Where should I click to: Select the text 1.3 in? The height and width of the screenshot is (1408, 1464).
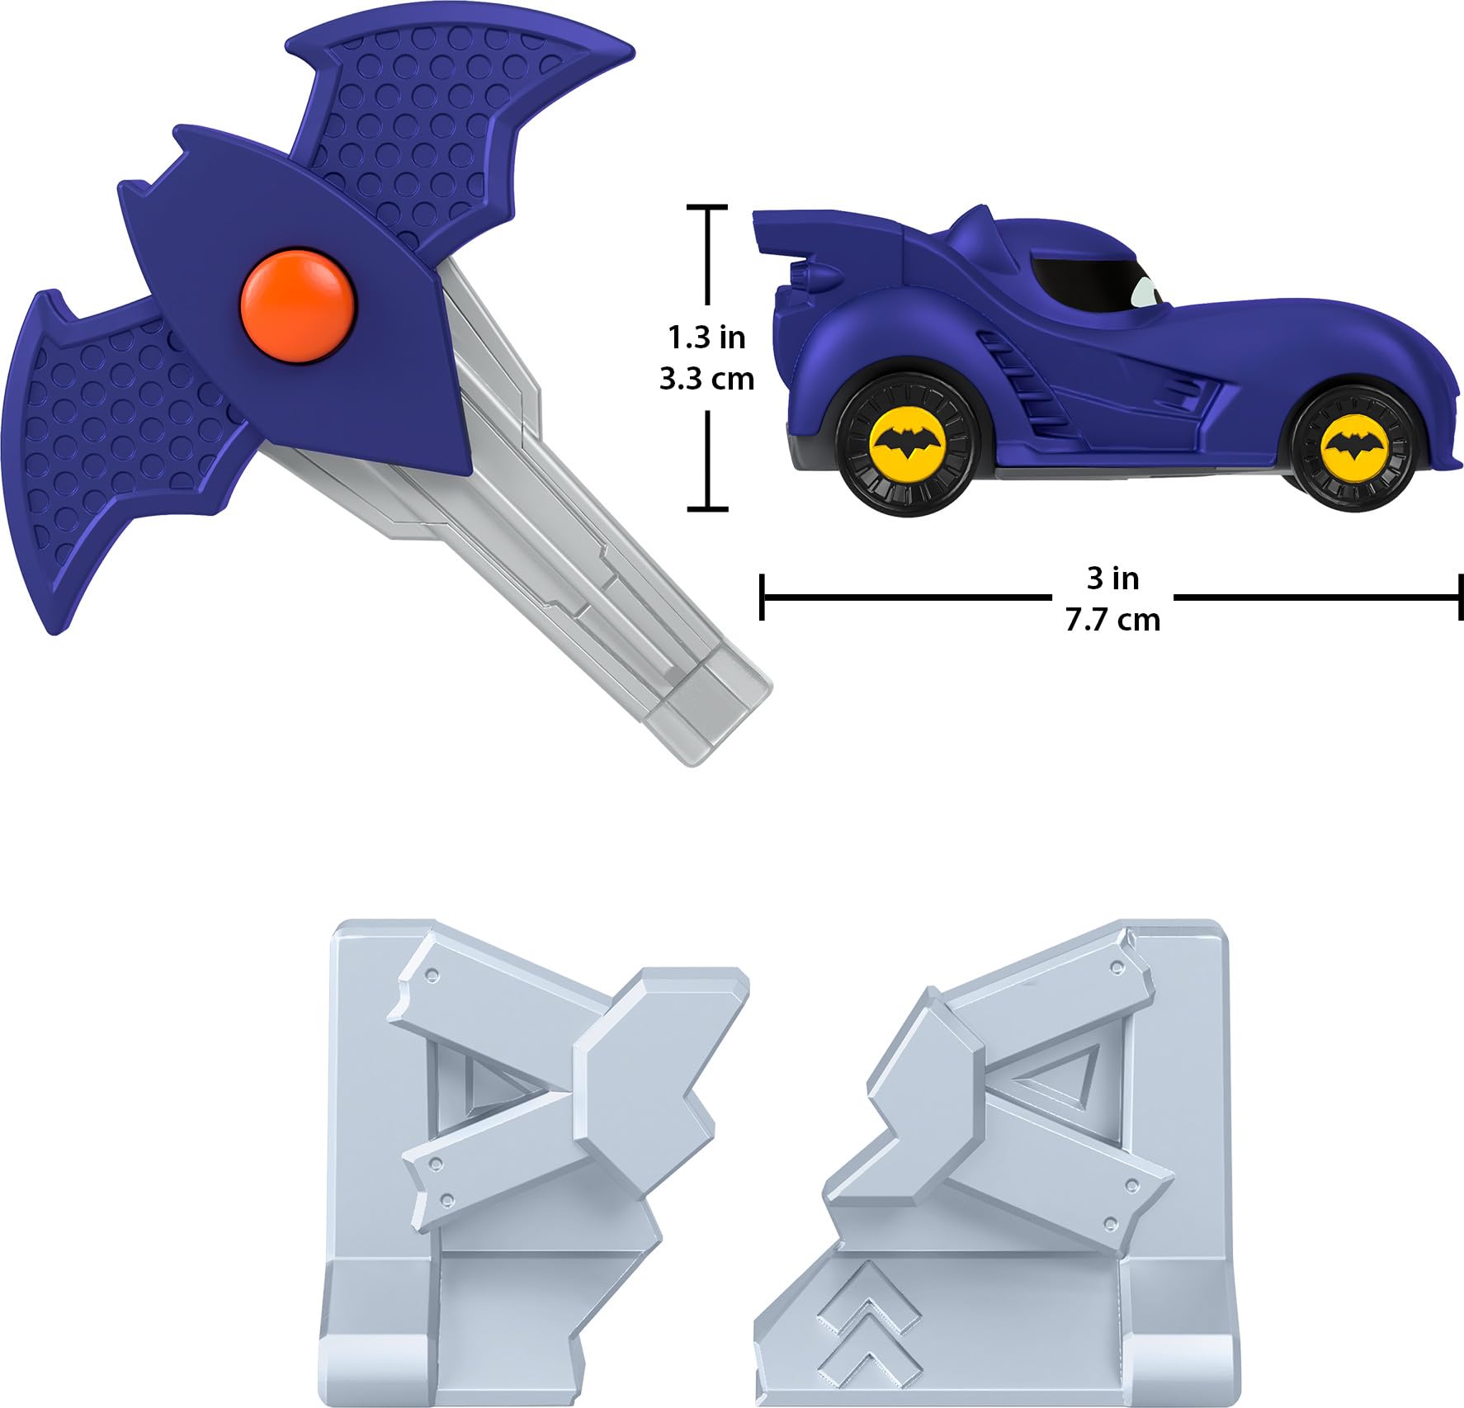point(706,338)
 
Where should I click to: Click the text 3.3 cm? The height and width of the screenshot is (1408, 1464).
point(706,379)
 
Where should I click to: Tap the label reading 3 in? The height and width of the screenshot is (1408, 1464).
point(1112,578)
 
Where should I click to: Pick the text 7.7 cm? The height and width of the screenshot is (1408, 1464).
point(1112,619)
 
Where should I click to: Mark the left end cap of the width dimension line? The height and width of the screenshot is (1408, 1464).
point(762,597)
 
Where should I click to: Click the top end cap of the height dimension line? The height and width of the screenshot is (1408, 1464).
point(707,207)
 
